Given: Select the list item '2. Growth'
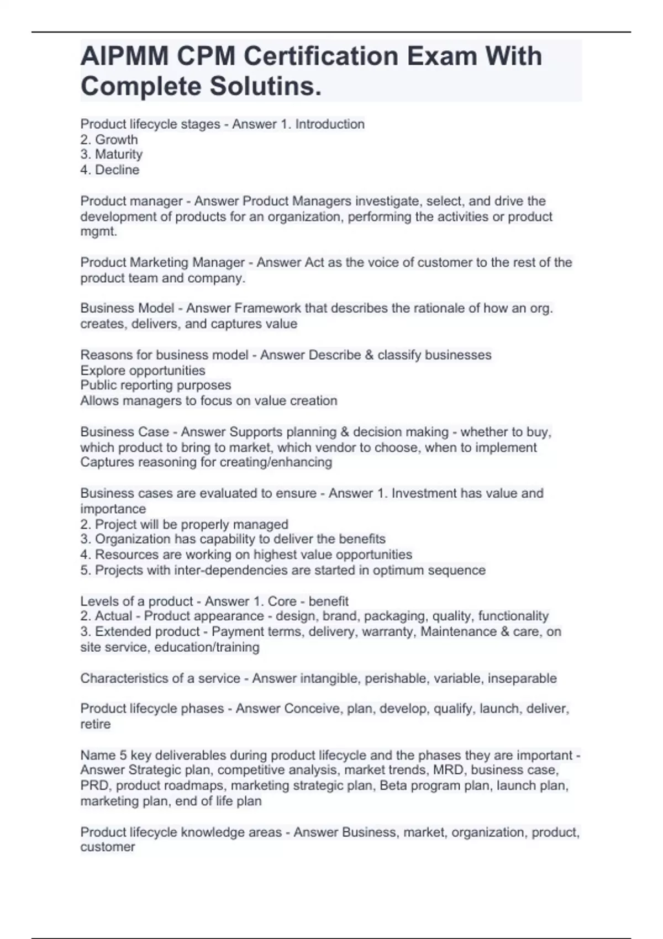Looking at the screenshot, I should (x=109, y=140).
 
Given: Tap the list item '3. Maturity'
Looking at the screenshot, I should (x=111, y=155).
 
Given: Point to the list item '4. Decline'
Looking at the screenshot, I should (x=109, y=170).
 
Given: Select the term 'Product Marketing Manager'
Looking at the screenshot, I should (x=162, y=262).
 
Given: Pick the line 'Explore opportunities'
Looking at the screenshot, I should (x=143, y=371).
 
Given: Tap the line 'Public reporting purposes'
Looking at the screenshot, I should (x=155, y=386).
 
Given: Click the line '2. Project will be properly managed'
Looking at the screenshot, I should (x=184, y=524).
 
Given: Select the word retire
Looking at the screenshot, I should (x=95, y=724).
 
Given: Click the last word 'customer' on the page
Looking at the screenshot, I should (x=107, y=847).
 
